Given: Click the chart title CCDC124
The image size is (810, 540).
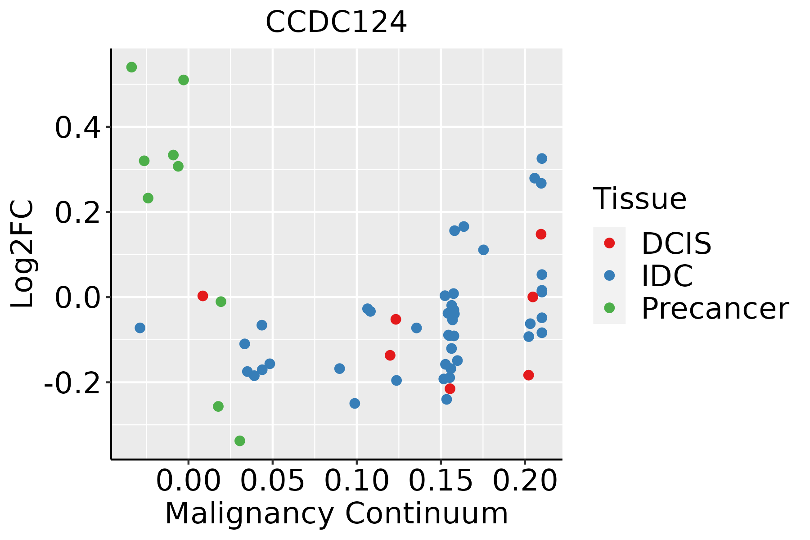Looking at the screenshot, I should [336, 22].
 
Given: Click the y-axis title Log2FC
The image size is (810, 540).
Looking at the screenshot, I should [22, 254].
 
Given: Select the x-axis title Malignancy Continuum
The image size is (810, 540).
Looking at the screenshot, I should [336, 514].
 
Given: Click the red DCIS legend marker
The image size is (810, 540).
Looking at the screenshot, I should [609, 243].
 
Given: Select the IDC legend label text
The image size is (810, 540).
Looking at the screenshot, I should [667, 276].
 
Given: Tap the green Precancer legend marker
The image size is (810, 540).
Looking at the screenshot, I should [609, 308].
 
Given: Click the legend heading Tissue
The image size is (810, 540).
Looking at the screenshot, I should [639, 198].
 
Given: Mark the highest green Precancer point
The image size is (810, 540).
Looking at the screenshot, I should [131, 67].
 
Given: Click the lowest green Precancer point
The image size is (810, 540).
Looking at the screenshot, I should [240, 441].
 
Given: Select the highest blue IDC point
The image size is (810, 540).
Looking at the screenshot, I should [542, 158].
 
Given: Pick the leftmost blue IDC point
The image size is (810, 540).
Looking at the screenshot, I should [140, 328].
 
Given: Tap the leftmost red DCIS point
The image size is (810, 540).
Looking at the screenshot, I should [202, 296].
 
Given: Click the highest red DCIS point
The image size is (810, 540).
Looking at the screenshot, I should [541, 234].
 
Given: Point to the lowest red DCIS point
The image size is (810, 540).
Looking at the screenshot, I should [450, 388].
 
